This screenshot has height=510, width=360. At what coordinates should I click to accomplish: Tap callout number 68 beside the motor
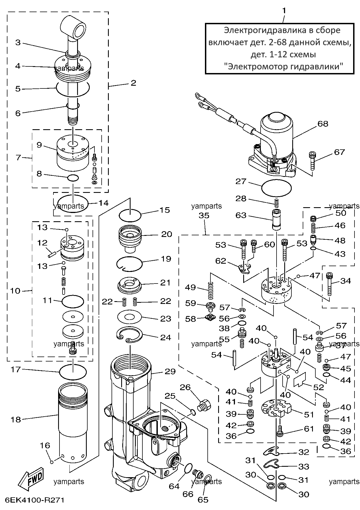[x=323, y=124]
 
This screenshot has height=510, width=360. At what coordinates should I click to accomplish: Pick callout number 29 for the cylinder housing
[x=170, y=371]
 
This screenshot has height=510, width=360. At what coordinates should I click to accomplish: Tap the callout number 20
[x=166, y=234]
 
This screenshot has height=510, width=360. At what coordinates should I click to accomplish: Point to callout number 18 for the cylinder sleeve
[x=16, y=420]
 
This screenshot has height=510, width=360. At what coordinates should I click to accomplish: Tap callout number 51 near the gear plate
[x=309, y=414]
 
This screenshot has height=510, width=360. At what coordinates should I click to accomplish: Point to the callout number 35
[x=204, y=215]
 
